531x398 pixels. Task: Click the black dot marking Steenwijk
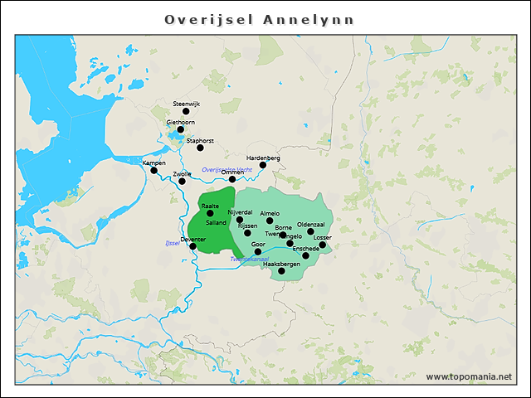[x=186, y=111]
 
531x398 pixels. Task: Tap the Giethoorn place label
[x=180, y=122]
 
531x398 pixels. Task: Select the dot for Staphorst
[x=200, y=148]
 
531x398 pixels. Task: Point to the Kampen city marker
[x=153, y=171]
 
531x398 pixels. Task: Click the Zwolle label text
[x=182, y=173]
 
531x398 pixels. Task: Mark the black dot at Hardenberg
[x=263, y=165]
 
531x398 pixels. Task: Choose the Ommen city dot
[x=232, y=179]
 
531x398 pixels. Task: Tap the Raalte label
[x=210, y=206]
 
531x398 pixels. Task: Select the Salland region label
[x=215, y=223]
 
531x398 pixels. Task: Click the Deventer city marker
[x=193, y=246]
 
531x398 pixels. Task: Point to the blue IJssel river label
[x=173, y=243]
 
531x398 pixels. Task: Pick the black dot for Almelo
[x=270, y=221]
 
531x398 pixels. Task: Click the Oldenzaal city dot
[x=310, y=231]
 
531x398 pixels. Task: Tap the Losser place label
[x=323, y=238]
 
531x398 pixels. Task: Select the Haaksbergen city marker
[x=281, y=271]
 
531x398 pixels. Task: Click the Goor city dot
[x=258, y=251]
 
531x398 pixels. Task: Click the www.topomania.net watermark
[x=469, y=377]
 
